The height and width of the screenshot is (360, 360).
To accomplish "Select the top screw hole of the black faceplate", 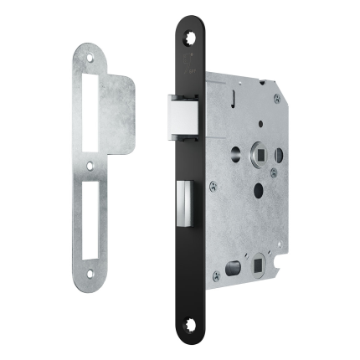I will coord(188,35).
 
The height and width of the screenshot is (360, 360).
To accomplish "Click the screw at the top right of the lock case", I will coord(276,99).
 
